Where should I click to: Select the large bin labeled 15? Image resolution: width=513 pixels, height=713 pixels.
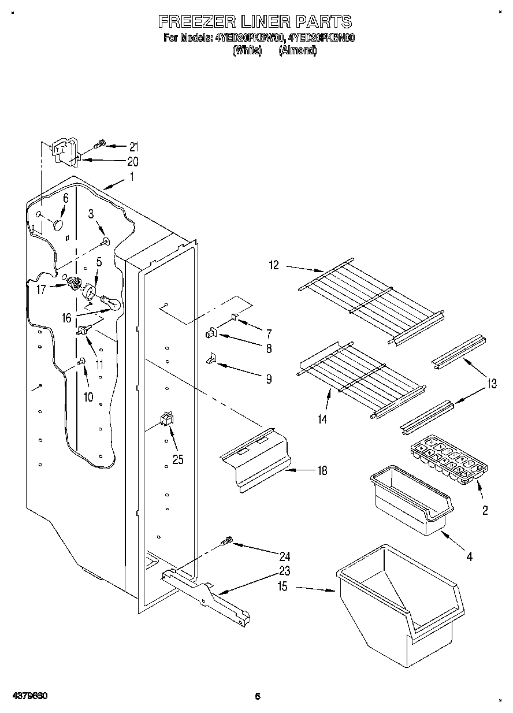[402, 601]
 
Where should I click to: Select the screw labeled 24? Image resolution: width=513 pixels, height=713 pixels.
[226, 541]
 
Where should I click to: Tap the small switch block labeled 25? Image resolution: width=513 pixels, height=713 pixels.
[167, 419]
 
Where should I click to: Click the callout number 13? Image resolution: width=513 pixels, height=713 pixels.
[491, 383]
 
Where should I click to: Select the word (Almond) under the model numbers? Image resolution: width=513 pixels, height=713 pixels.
[298, 51]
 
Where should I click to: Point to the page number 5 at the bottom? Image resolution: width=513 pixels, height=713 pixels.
[258, 696]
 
